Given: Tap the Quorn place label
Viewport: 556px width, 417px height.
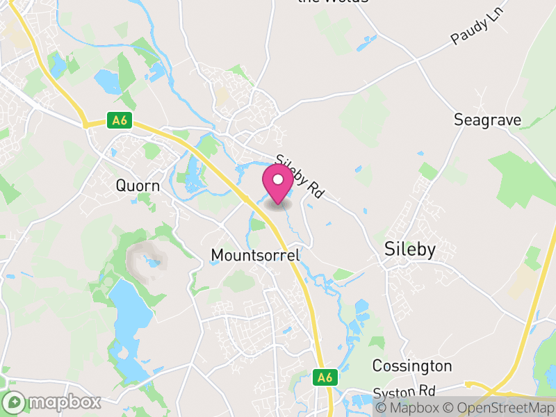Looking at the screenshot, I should tap(138, 186).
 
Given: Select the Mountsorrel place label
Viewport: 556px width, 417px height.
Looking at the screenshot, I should tap(255, 256).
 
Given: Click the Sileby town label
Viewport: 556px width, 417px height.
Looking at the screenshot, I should tap(410, 250).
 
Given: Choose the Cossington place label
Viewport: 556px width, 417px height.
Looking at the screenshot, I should tap(412, 366).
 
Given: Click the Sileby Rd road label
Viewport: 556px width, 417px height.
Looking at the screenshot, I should tap(300, 178).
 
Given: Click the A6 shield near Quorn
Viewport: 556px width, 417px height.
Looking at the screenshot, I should tap(120, 120).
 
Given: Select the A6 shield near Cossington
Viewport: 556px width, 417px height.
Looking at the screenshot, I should tap(325, 377).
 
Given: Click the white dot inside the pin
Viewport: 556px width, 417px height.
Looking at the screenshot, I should tap(278, 179).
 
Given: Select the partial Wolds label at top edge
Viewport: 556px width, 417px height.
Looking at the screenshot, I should tap(332, 2).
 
